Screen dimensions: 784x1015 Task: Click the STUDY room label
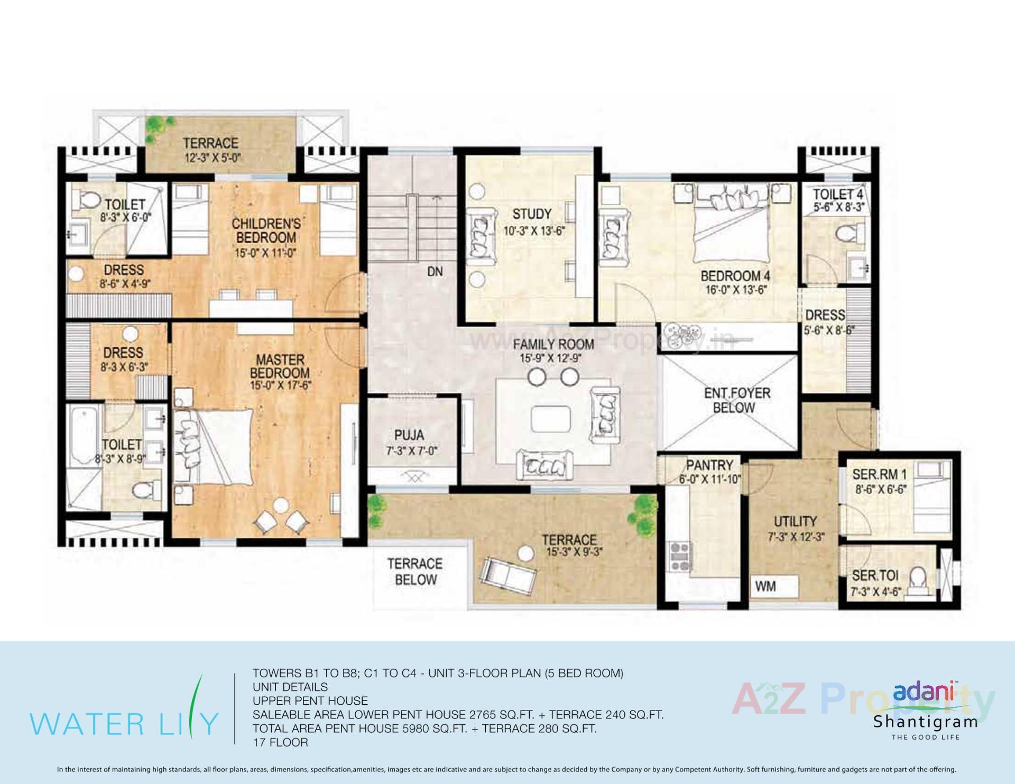(532, 214)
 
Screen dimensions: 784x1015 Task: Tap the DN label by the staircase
(435, 272)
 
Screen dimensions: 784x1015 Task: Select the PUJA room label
(409, 435)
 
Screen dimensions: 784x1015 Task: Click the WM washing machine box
(765, 586)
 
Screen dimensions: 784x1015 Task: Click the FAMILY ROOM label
(553, 345)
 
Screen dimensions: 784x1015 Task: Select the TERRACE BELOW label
(416, 571)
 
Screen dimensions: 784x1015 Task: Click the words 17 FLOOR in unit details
(280, 742)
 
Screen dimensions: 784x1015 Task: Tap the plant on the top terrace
(159, 126)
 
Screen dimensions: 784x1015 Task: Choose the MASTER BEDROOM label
(280, 366)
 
